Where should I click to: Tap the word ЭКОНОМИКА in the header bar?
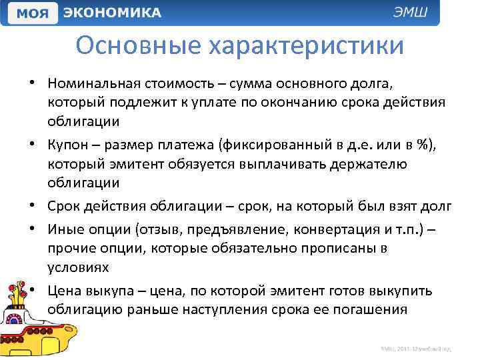(x=113, y=13)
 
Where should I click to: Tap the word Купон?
(x=69, y=146)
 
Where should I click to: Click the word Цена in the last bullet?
(x=67, y=291)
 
